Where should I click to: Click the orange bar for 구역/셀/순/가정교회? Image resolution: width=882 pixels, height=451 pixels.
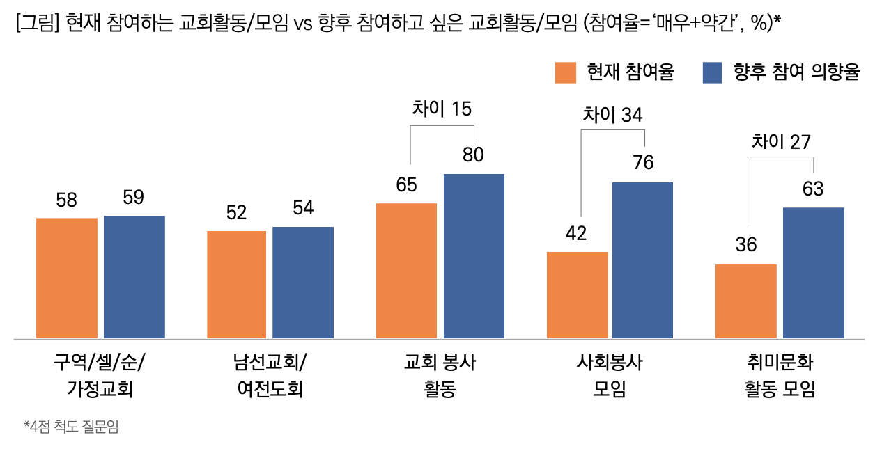click(x=67, y=278)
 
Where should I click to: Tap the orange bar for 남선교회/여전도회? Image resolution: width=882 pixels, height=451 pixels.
click(x=237, y=285)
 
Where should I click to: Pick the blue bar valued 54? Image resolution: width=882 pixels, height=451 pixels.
click(x=303, y=283)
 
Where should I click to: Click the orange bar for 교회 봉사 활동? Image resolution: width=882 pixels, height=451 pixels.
click(x=406, y=271)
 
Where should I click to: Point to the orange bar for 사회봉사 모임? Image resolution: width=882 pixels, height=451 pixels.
click(x=577, y=295)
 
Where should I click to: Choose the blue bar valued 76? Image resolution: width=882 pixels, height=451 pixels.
click(x=642, y=260)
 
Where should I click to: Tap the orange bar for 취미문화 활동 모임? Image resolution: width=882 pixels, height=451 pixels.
click(x=746, y=301)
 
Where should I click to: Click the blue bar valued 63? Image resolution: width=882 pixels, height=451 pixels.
click(x=813, y=273)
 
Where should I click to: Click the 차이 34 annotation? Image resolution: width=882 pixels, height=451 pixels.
click(x=612, y=115)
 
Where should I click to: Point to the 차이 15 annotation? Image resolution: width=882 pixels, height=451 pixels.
click(x=442, y=109)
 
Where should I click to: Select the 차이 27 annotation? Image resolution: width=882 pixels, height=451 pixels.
click(x=781, y=142)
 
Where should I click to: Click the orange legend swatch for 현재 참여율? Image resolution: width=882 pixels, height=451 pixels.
click(x=566, y=72)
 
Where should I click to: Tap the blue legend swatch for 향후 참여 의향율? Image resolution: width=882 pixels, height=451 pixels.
click(x=712, y=72)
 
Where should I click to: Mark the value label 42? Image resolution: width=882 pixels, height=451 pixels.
click(x=576, y=234)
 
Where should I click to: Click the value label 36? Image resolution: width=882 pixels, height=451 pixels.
click(x=745, y=245)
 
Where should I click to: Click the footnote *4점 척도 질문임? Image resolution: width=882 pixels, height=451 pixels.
click(x=71, y=427)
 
